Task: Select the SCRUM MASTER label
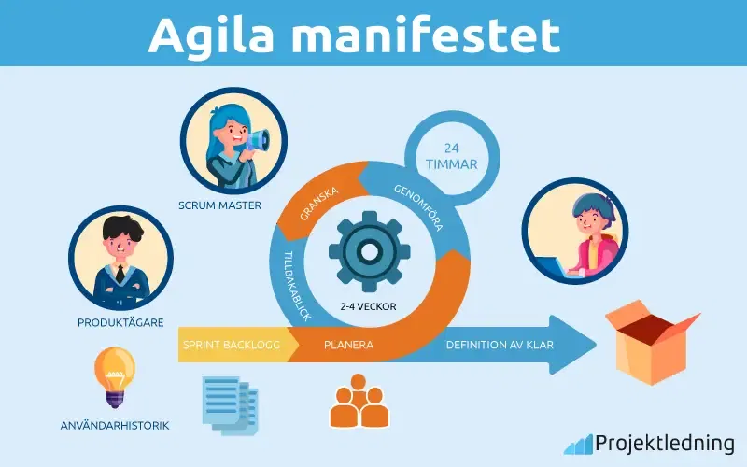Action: tap(219, 205)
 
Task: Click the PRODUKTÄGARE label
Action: tap(120, 322)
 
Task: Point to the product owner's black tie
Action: tap(120, 275)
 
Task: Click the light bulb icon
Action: tap(114, 377)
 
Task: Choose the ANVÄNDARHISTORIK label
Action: tap(115, 426)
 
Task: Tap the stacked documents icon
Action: tap(230, 405)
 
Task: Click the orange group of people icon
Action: tap(359, 401)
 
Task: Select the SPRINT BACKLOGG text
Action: tap(232, 345)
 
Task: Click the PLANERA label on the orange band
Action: tap(348, 345)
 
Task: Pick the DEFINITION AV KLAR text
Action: tap(500, 345)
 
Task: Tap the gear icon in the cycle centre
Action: tap(369, 251)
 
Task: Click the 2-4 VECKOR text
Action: tap(368, 307)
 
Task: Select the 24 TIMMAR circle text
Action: tap(452, 156)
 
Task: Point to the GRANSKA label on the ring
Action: tap(319, 204)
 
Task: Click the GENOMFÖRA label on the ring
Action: tap(418, 207)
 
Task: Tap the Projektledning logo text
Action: tap(665, 443)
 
